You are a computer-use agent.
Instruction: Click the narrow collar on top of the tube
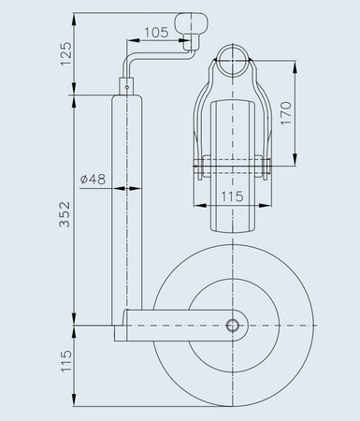pos(126,85)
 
